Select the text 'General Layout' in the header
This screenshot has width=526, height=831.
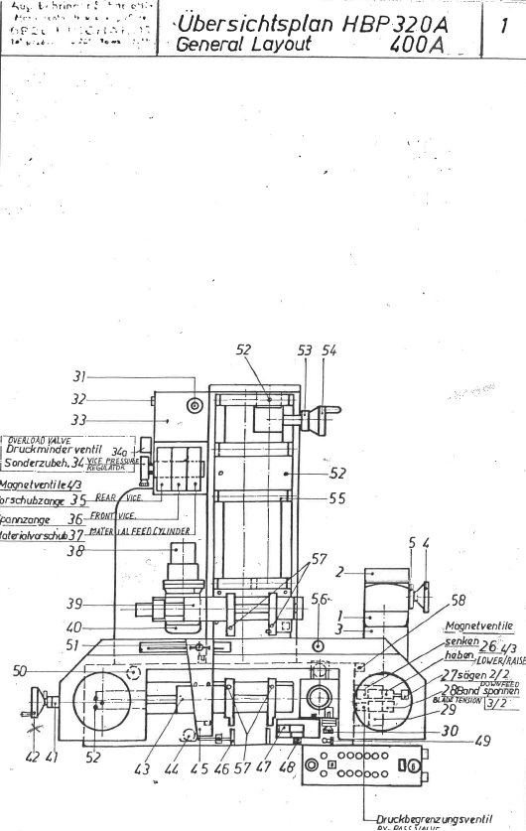tap(243, 45)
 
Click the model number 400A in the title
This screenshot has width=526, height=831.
tap(420, 45)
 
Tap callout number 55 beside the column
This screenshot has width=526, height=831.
tap(337, 499)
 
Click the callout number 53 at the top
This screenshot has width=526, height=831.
tap(305, 350)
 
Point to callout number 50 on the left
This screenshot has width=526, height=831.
tap(20, 671)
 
